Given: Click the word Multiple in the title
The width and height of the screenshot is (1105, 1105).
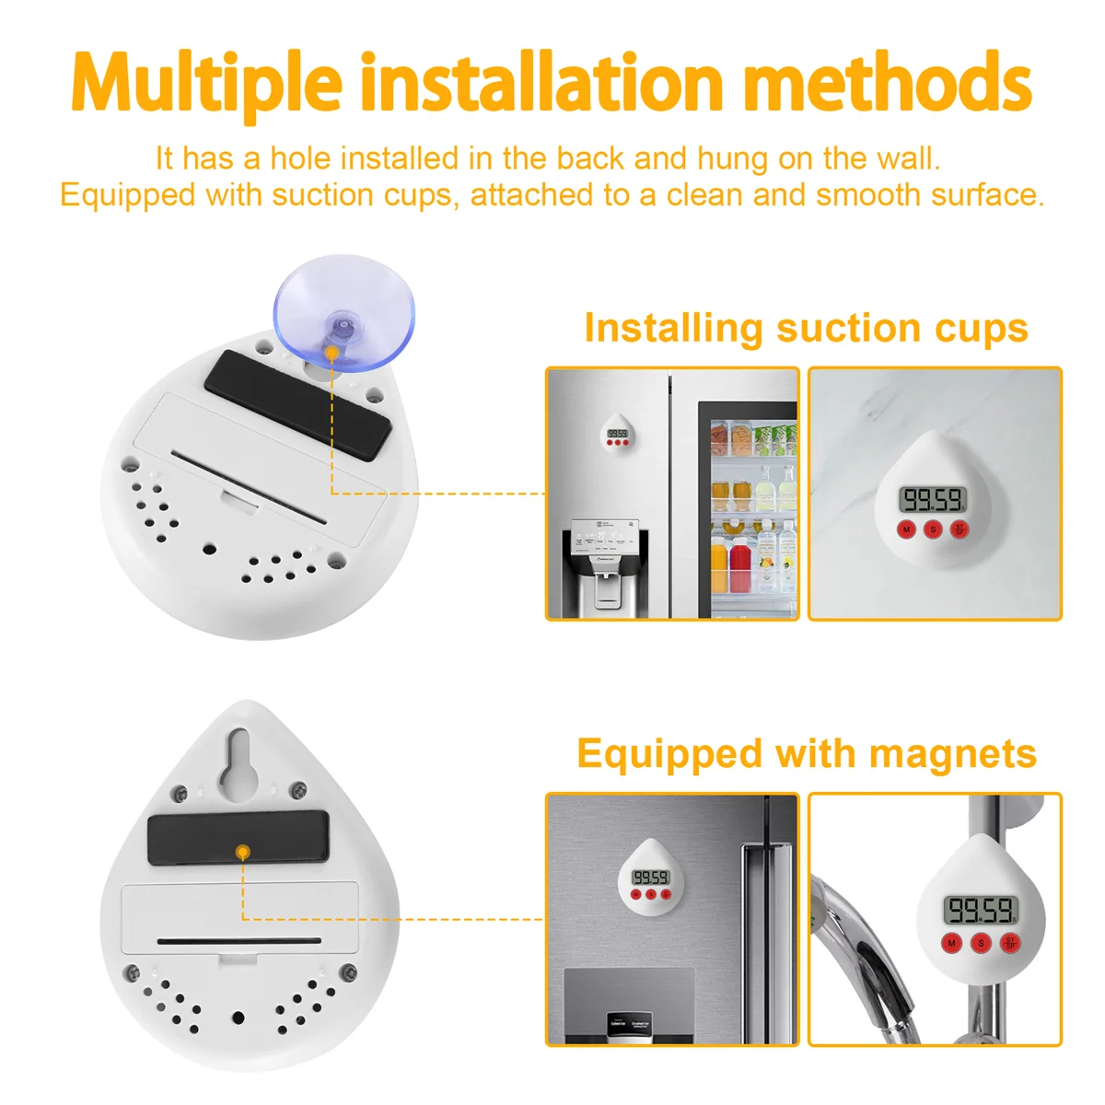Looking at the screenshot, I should pyautogui.click(x=206, y=84).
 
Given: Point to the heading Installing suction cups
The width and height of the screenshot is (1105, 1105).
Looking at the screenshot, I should pyautogui.click(x=806, y=328).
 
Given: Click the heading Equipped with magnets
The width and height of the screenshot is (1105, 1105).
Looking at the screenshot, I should pyautogui.click(x=807, y=753).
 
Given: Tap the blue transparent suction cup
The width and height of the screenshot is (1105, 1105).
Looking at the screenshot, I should pyautogui.click(x=344, y=313).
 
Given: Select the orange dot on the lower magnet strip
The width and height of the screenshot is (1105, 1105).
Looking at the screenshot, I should pyautogui.click(x=242, y=852).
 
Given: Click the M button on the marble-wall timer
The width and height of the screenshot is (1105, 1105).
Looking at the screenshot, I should pyautogui.click(x=907, y=529).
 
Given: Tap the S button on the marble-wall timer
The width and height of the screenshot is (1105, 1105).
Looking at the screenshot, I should pyautogui.click(x=933, y=529).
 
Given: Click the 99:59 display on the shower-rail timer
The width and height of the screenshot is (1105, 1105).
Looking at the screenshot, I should pyautogui.click(x=980, y=911).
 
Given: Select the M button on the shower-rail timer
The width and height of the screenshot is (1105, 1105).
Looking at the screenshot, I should pyautogui.click(x=952, y=943).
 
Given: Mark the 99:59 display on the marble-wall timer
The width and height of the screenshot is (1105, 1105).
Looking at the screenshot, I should pyautogui.click(x=933, y=500).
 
